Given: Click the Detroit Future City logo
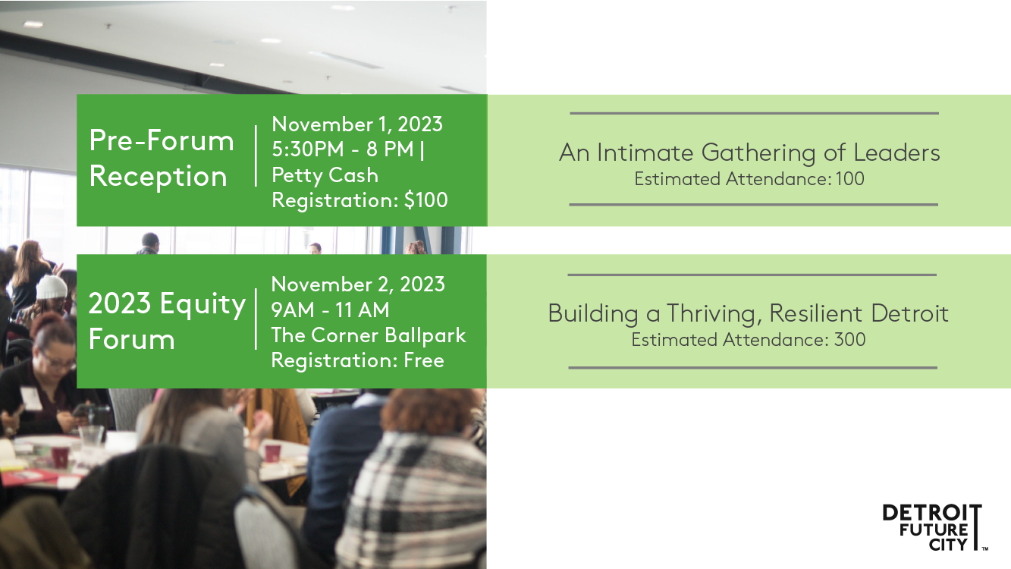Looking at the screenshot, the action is (x=934, y=527).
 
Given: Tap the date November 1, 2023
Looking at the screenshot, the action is (x=357, y=124).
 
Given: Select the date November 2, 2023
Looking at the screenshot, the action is (x=358, y=284).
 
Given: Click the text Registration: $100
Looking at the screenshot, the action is (x=360, y=200).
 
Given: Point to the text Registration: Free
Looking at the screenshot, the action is (x=357, y=360).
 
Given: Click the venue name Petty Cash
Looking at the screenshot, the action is (x=325, y=175).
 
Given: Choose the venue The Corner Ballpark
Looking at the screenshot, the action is (x=369, y=335).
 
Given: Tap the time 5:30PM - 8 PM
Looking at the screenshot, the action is (x=343, y=149).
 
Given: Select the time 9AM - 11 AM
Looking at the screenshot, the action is (x=330, y=310).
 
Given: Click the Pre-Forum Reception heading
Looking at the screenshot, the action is (x=162, y=158).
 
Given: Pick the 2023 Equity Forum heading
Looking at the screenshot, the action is (x=167, y=321).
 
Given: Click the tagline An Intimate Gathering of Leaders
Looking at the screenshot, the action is (x=749, y=152).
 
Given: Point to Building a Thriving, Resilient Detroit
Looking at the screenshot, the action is (x=749, y=313).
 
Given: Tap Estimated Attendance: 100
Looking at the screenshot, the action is (x=749, y=179).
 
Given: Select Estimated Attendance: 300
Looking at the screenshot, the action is (x=749, y=340).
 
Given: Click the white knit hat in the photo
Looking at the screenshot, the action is (x=52, y=288).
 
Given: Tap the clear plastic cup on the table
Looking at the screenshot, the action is (x=91, y=435).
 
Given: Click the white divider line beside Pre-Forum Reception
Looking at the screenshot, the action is (x=256, y=156).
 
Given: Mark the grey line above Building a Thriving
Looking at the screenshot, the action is (x=752, y=275).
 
